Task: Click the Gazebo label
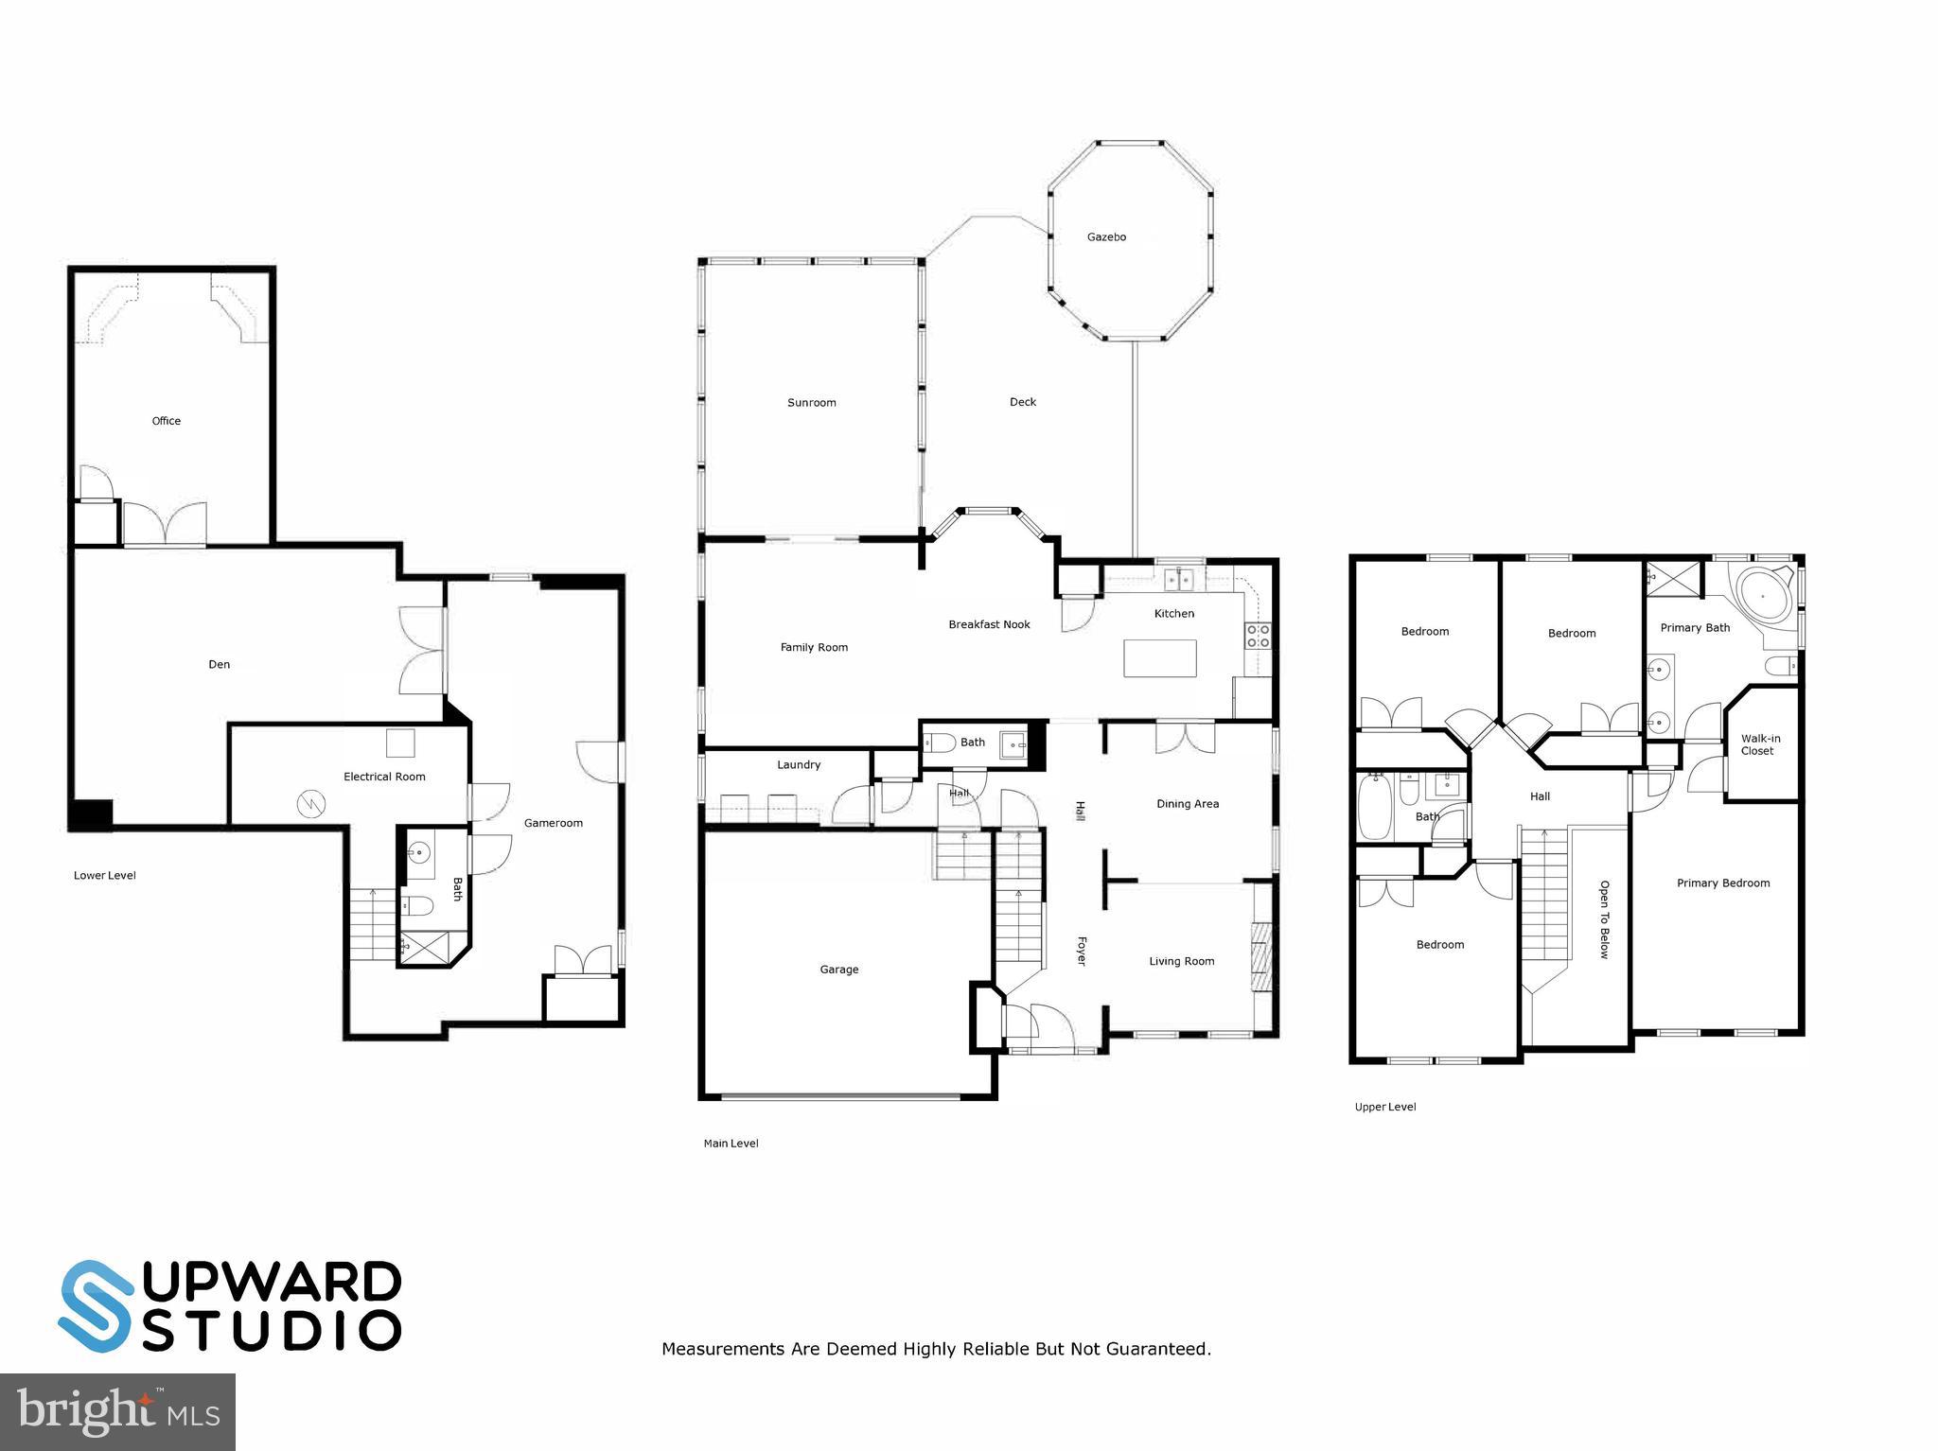[1105, 237]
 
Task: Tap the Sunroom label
[811, 403]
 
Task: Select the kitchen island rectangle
[1159, 658]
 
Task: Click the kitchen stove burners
[1258, 636]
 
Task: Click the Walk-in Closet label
[1760, 745]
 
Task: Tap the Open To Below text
[1604, 919]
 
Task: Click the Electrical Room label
[384, 777]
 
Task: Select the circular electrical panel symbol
[311, 805]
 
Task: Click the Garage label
[838, 970]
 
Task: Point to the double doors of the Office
[165, 523]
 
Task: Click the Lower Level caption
[105, 876]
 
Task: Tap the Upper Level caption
[1384, 1107]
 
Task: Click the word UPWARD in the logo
[272, 1283]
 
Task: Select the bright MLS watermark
[117, 1411]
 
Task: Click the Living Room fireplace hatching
[1260, 956]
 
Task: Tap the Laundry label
[798, 765]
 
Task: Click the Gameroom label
[553, 823]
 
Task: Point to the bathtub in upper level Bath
[1375, 808]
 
